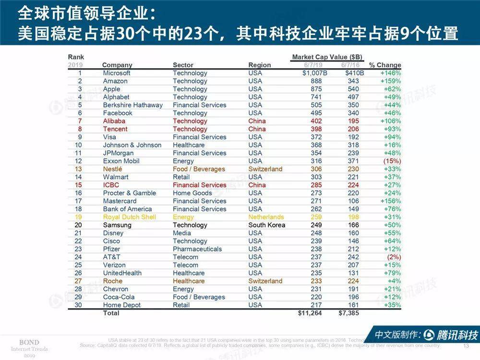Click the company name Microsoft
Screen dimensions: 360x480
117,73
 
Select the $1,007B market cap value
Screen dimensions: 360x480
315,73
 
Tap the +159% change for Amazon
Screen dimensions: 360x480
390,81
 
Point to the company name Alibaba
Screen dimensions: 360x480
114,121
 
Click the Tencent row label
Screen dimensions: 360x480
115,129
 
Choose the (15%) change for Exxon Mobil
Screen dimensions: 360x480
391,161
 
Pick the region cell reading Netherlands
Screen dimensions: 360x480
266,217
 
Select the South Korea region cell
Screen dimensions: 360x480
267,225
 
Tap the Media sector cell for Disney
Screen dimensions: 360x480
181,233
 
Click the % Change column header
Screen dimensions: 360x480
385,65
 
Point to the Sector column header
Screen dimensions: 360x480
183,65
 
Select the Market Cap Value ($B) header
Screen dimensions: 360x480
328,57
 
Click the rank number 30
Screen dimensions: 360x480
78,305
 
